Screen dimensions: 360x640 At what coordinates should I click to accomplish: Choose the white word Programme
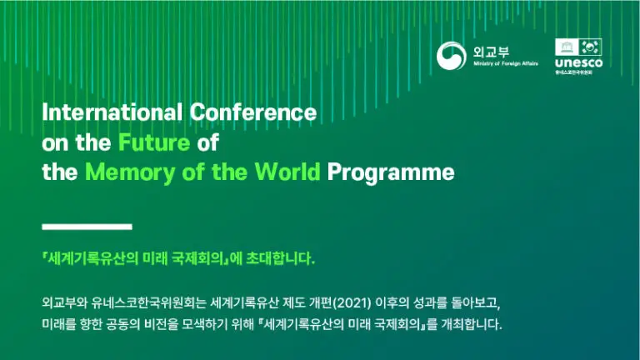pyautogui.click(x=391, y=173)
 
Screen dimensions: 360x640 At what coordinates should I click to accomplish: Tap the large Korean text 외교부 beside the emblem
pyautogui.click(x=490, y=50)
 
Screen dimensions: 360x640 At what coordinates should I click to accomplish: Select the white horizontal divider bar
pyautogui.click(x=87, y=226)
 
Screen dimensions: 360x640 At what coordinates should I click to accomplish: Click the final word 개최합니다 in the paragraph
pyautogui.click(x=471, y=323)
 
